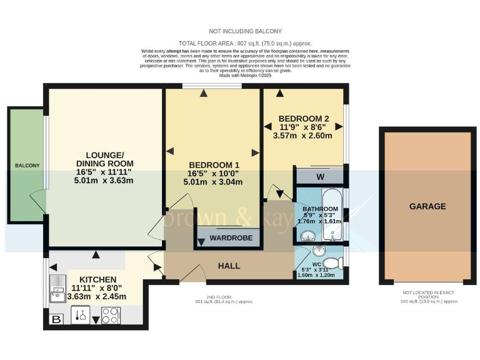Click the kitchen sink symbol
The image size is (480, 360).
coord(56,288)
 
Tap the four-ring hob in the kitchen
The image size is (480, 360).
coord(111,316)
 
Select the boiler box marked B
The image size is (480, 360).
coord(55,320)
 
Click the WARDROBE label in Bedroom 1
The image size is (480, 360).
coord(226,238)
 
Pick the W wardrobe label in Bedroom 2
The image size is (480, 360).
coord(319,177)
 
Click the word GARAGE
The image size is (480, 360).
coord(427,206)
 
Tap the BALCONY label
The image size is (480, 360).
coord(27,166)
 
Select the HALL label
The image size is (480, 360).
coord(229,266)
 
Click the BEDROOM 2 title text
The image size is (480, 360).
coord(304,119)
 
